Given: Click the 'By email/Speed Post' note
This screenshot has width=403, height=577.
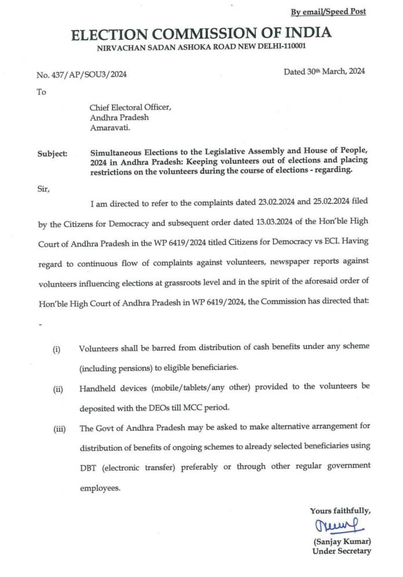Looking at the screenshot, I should pyautogui.click(x=328, y=12).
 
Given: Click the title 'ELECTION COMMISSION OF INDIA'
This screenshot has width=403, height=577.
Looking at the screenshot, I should pyautogui.click(x=201, y=34).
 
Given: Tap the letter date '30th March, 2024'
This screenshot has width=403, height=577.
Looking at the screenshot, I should pyautogui.click(x=324, y=72).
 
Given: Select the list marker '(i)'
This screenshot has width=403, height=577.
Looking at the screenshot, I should pyautogui.click(x=57, y=351).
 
